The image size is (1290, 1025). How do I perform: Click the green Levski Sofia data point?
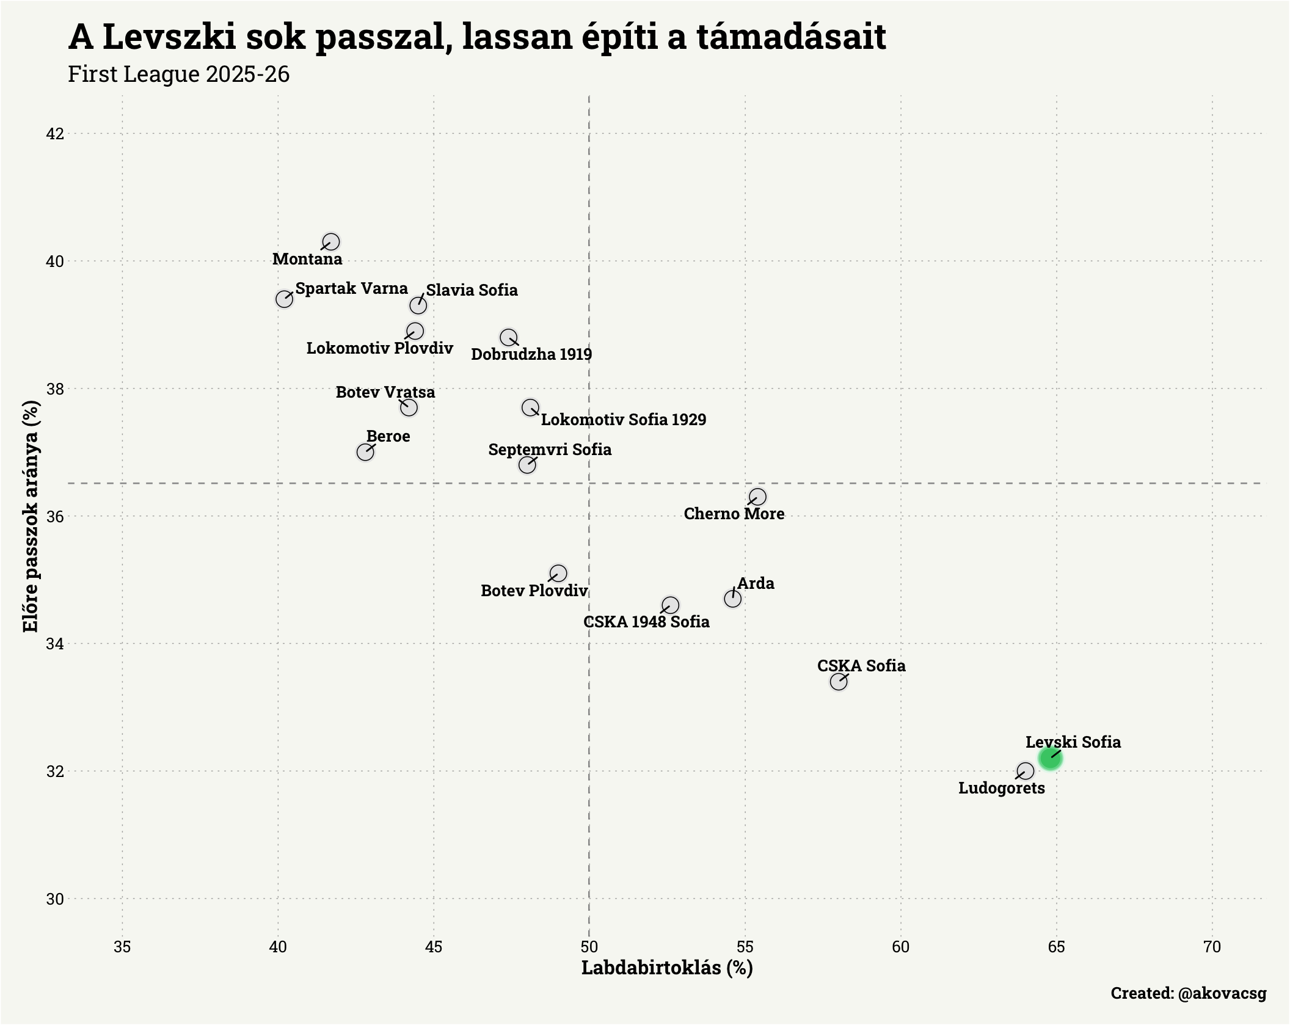(x=1050, y=758)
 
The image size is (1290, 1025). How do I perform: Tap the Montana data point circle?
(x=331, y=242)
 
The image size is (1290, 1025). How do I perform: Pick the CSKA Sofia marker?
(x=839, y=682)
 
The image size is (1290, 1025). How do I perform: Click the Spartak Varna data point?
(x=284, y=299)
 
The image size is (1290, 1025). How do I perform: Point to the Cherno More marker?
(x=757, y=497)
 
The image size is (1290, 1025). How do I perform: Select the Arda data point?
(x=732, y=599)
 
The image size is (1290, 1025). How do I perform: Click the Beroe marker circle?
(x=365, y=452)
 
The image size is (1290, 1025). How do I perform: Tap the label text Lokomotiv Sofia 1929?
(x=623, y=420)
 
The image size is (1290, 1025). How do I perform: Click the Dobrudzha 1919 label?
(x=531, y=354)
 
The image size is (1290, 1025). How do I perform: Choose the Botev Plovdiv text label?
(x=534, y=591)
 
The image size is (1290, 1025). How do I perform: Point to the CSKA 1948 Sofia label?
(x=646, y=622)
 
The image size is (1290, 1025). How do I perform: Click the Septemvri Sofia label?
(x=550, y=450)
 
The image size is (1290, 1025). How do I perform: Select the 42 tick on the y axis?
(x=55, y=133)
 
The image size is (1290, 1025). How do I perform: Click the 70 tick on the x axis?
(x=1212, y=947)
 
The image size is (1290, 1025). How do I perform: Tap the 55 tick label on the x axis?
(x=745, y=947)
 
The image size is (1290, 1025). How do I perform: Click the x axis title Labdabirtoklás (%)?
(x=667, y=968)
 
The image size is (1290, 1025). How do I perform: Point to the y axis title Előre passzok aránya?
(x=31, y=516)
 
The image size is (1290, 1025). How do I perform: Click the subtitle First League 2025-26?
(x=179, y=75)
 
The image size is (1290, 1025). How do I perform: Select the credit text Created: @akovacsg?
(x=1188, y=993)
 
